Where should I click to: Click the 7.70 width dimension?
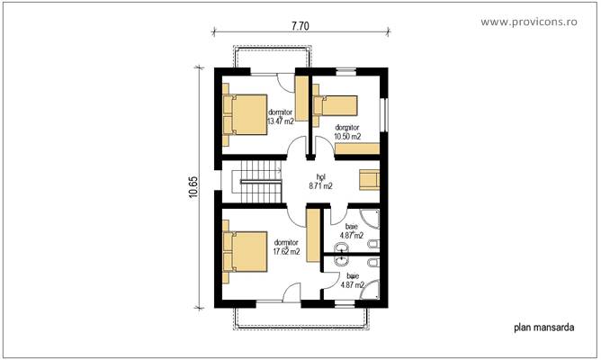pos(300,27)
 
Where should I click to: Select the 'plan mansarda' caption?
pos(543,328)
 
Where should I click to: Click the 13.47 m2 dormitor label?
pos(281,116)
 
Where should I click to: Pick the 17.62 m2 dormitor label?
pos(286,247)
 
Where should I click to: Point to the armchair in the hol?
pos(369,179)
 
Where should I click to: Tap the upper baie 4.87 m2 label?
pos(351,231)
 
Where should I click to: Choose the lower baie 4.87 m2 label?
pos(351,280)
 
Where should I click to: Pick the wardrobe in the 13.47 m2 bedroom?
pos(302,109)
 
